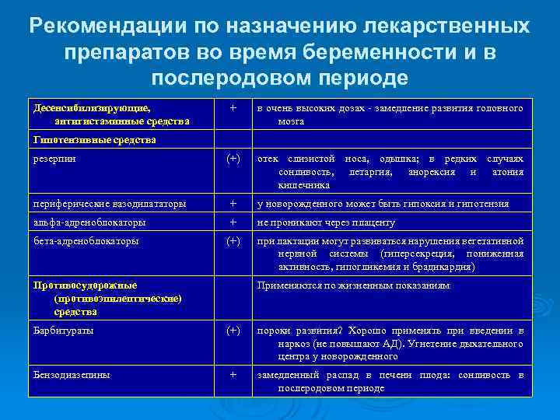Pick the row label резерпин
(x=54, y=158)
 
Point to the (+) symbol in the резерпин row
(x=233, y=158)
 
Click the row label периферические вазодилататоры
(x=110, y=203)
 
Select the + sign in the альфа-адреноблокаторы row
(x=233, y=222)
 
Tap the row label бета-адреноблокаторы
(x=87, y=240)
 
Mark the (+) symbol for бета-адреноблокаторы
(x=233, y=240)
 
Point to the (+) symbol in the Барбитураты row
(x=233, y=330)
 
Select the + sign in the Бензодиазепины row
(x=233, y=374)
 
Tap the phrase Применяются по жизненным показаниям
(x=353, y=285)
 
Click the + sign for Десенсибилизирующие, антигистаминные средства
(x=233, y=107)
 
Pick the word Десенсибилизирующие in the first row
(x=92, y=107)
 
